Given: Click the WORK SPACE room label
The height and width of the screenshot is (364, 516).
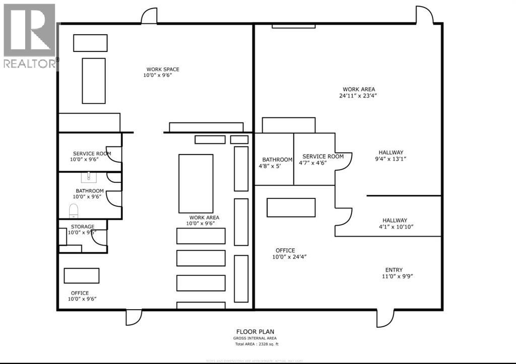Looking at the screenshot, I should pyautogui.click(x=162, y=69).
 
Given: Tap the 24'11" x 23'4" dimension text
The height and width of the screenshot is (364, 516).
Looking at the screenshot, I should pyautogui.click(x=358, y=95).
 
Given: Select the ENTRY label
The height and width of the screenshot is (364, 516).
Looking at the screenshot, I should pyautogui.click(x=394, y=270).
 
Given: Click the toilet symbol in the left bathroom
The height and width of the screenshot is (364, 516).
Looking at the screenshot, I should pyautogui.click(x=74, y=210).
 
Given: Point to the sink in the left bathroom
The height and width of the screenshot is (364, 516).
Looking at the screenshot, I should pyautogui.click(x=89, y=177).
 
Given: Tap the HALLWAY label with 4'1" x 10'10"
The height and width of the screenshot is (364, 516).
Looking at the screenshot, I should pyautogui.click(x=395, y=221).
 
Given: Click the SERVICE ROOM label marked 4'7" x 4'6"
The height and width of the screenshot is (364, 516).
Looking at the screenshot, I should pyautogui.click(x=322, y=157).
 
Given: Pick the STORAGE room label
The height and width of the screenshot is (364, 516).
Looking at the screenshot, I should pyautogui.click(x=82, y=227).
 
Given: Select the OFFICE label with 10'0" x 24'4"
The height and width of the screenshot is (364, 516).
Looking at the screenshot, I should pyautogui.click(x=285, y=250).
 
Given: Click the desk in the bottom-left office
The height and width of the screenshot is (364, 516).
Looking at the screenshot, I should pyautogui.click(x=81, y=275).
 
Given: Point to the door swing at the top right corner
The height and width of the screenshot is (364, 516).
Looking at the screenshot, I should pyautogui.click(x=424, y=15).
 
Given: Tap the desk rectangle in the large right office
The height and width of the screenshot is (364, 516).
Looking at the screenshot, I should pyautogui.click(x=291, y=207).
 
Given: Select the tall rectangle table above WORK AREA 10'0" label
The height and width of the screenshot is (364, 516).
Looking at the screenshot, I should pyautogui.click(x=196, y=183).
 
